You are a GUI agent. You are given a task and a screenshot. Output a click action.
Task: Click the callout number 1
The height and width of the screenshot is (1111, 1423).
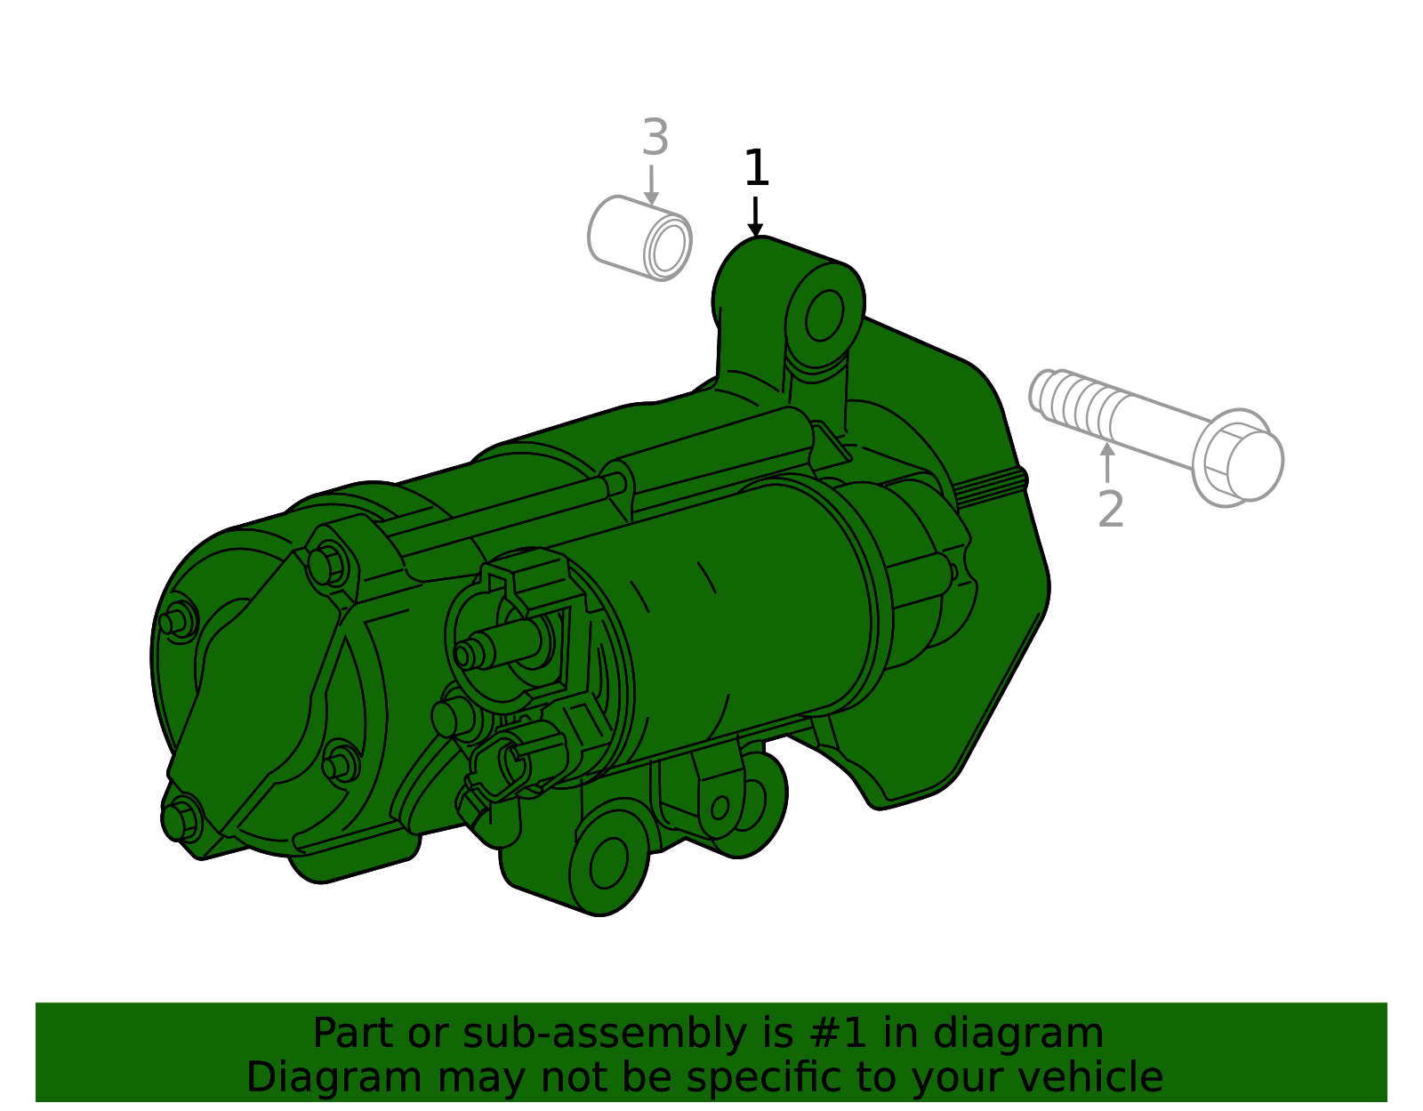(756, 168)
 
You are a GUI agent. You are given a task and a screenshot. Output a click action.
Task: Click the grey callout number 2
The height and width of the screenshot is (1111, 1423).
(1111, 510)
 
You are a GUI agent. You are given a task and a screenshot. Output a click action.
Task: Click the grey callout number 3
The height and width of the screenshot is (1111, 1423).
(655, 139)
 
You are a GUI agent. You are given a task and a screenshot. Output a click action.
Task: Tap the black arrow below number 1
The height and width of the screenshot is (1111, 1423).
(755, 218)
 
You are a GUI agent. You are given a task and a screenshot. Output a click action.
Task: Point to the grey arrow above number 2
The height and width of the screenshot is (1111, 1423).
(1107, 461)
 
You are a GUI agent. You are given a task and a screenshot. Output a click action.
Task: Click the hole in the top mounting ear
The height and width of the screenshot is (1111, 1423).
(824, 315)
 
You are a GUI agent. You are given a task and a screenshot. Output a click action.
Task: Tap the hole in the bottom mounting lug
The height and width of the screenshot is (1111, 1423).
(608, 863)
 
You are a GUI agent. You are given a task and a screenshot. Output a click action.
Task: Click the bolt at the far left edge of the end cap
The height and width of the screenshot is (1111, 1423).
(176, 620)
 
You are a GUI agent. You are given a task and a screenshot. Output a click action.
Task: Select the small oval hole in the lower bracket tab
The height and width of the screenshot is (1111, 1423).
(720, 808)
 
